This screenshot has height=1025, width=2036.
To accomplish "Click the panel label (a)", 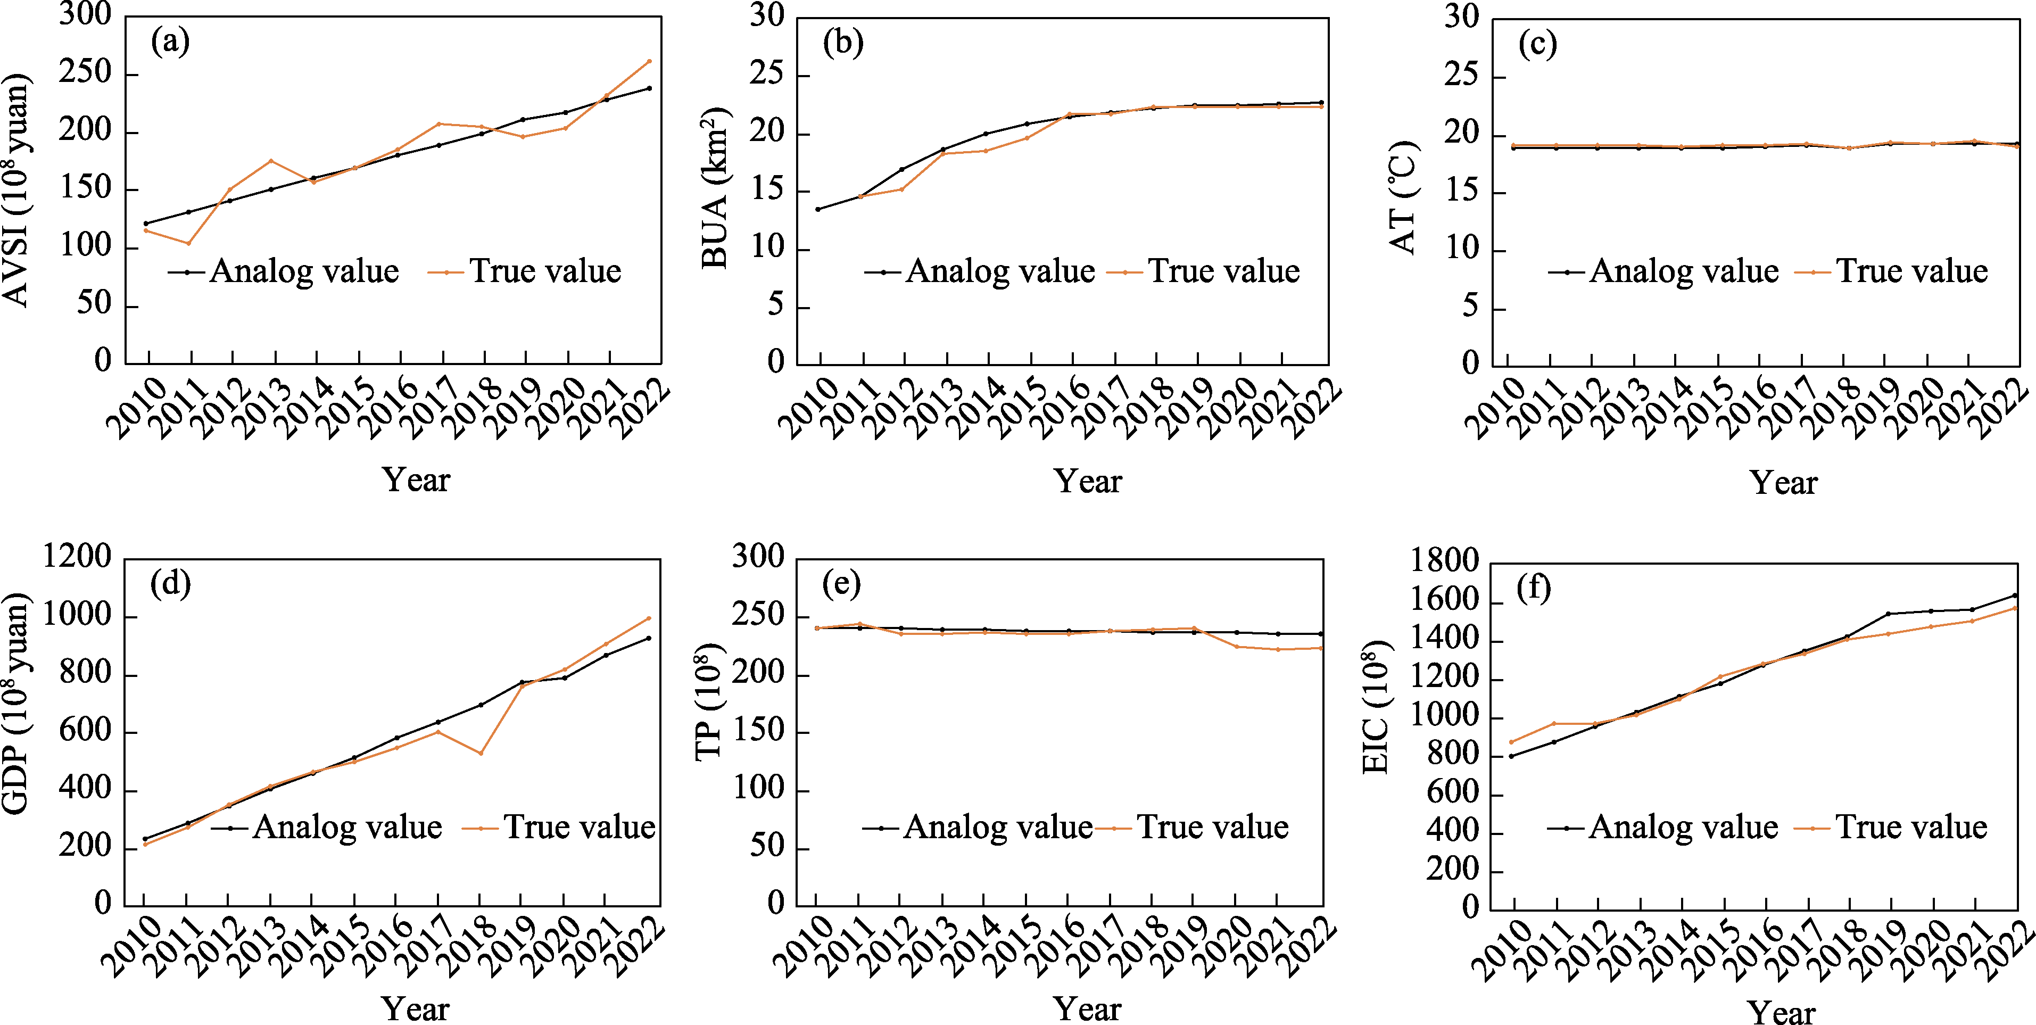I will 170,41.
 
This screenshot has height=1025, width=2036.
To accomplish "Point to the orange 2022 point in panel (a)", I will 649,61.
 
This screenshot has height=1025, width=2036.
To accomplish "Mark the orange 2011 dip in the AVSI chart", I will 188,243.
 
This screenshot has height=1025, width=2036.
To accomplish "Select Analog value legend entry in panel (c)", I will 1663,271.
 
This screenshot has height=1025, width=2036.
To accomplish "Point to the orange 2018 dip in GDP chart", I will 481,753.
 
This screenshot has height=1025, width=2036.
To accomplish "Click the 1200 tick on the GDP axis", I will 78,556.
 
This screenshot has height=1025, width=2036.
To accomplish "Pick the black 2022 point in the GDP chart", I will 649,638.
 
